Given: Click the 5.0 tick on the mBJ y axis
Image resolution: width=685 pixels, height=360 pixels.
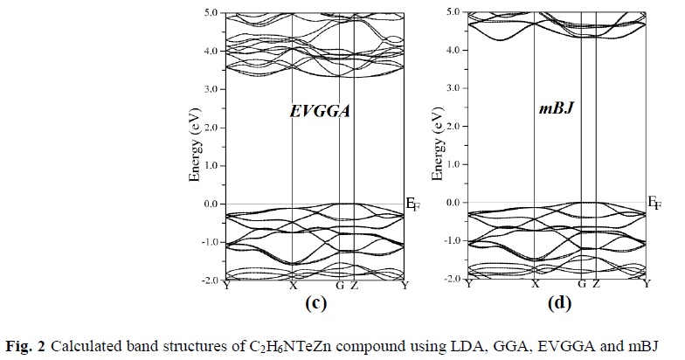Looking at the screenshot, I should pos(452,12).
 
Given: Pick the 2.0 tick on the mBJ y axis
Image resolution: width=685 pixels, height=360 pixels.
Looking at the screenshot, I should pos(452,127).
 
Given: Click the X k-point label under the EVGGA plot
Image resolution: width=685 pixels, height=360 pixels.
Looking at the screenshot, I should pos(293,286).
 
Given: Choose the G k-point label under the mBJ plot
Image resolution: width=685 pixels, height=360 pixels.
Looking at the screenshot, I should pos(581,285).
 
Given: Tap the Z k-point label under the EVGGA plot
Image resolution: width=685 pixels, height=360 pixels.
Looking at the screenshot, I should pos(353,286).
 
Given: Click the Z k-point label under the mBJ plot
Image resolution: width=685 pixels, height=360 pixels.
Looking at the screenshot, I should pos(596,285).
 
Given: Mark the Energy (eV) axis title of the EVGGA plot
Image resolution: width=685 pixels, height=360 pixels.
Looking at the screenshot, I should pos(196,147).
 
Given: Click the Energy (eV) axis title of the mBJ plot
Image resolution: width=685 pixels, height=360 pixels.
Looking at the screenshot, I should pos(440,146).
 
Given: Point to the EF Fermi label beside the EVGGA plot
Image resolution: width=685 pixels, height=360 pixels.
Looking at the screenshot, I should pos(412,205).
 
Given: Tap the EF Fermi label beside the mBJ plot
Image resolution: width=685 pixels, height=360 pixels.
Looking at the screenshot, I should pos(654,204).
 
